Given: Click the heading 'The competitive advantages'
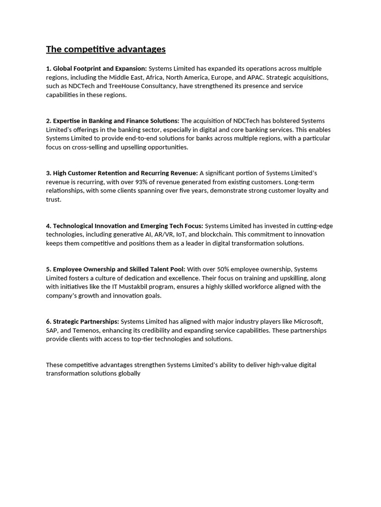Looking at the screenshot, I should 106,49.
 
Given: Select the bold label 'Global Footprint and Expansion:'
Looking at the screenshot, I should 100,68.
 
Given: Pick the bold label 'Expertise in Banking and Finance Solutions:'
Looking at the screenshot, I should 116,121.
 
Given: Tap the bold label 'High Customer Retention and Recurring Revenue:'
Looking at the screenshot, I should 125,173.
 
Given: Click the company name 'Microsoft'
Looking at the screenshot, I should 308,321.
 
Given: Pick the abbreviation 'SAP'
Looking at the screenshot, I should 53,330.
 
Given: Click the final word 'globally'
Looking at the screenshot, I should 128,374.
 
